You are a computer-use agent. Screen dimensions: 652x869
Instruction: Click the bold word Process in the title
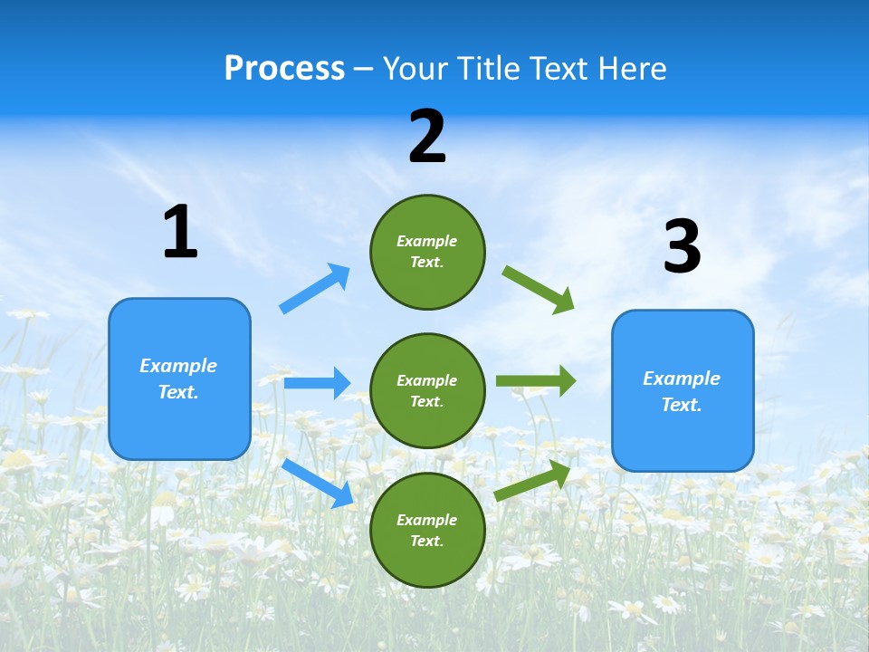(284, 69)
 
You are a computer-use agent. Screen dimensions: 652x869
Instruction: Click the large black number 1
(180, 233)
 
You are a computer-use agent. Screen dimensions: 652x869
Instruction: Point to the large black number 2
(427, 138)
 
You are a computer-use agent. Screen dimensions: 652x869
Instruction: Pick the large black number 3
(682, 247)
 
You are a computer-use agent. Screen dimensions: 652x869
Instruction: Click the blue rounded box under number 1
(179, 379)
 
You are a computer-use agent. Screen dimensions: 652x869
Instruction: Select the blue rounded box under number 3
(683, 391)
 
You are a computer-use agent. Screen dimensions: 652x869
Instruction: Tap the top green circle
(427, 252)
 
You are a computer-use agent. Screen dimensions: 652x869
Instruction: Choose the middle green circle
(427, 391)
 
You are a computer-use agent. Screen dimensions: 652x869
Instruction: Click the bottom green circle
(427, 531)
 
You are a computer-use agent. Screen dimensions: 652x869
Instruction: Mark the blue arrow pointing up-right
(315, 289)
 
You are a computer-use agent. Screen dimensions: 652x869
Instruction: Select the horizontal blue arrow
(317, 383)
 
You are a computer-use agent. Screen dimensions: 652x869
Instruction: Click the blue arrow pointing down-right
(317, 483)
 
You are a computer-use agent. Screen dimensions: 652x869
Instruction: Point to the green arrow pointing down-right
(539, 290)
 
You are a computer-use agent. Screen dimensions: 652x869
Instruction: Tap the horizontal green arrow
(536, 381)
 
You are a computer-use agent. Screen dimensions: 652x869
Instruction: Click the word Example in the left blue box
(178, 366)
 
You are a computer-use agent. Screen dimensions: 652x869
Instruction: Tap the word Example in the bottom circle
(427, 520)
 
